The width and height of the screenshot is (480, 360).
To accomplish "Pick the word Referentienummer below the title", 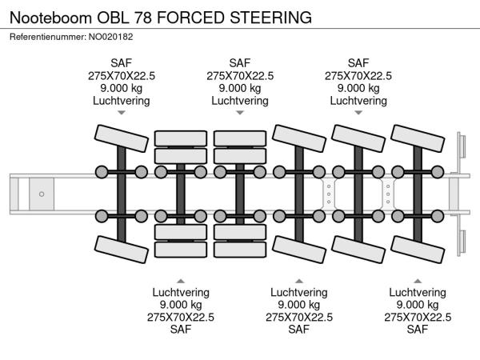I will (45, 36).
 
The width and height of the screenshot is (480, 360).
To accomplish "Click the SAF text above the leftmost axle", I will (122, 63).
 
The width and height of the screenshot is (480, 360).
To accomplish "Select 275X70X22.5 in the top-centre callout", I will (240, 76).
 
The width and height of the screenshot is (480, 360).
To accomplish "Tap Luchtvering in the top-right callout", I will (358, 102).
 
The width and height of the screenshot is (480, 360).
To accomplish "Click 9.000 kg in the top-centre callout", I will (240, 89).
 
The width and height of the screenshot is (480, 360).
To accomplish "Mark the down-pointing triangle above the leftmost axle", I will (122, 114).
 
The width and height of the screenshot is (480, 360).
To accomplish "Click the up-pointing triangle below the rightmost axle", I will (418, 281).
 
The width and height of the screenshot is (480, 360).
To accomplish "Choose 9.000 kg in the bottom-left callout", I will (181, 305).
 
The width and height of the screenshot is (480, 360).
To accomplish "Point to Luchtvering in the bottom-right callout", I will (418, 292).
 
